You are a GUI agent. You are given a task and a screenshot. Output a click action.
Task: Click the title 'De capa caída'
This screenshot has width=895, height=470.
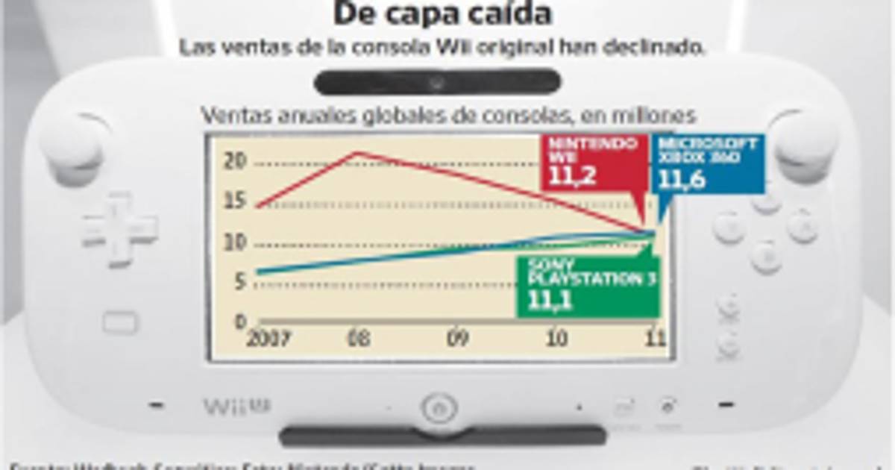point(442,13)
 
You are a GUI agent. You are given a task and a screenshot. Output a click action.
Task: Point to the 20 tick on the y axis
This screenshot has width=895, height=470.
point(234,161)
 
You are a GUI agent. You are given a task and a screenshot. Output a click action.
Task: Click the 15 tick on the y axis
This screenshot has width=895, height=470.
point(234,201)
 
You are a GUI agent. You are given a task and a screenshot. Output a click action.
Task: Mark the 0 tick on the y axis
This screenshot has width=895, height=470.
point(240,322)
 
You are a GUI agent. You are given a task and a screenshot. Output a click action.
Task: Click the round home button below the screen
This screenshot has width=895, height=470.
point(439,408)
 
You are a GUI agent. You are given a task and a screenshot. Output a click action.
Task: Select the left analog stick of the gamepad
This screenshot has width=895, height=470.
point(73,145)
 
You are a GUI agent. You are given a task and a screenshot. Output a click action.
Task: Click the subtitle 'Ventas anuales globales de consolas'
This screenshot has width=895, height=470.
point(447,116)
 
